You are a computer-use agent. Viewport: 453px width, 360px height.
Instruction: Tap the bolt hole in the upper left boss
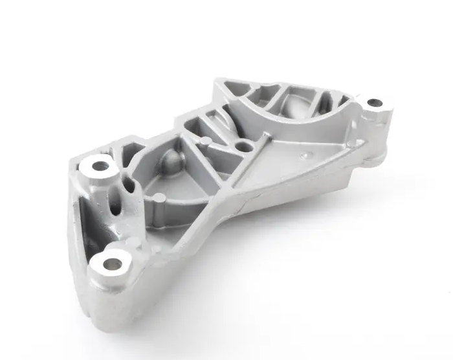(100, 166)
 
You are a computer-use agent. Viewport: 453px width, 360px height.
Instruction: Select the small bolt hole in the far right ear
(373, 102)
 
